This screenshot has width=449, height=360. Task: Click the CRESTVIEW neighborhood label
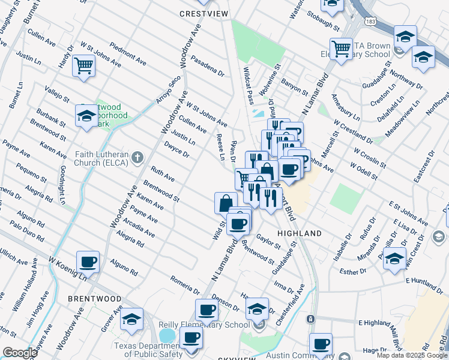click(x=204, y=13)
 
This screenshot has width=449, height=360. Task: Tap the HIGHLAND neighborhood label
click(x=300, y=233)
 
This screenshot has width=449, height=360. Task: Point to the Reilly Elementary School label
click(x=204, y=325)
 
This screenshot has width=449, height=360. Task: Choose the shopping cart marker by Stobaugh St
click(x=341, y=48)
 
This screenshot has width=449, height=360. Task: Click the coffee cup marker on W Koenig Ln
click(x=88, y=261)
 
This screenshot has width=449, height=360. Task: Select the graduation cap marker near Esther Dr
click(x=394, y=258)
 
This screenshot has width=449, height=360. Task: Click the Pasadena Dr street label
click(x=207, y=67)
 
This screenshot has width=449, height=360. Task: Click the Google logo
click(x=20, y=353)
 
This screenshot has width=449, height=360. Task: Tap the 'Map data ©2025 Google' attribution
click(x=412, y=355)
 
